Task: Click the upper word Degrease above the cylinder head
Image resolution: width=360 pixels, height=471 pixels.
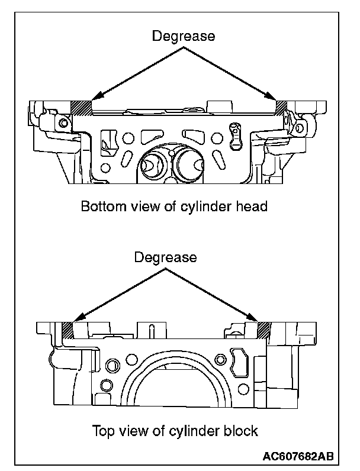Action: [184, 36]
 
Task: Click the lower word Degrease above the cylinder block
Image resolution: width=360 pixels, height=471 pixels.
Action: [165, 257]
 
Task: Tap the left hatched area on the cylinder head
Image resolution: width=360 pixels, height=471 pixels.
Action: [81, 107]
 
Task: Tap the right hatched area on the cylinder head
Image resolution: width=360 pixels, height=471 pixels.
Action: [281, 106]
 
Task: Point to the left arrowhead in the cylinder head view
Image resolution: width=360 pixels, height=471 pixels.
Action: [95, 98]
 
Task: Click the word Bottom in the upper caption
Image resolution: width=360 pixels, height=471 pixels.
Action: [98, 207]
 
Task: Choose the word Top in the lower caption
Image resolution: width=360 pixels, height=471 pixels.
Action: [101, 430]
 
